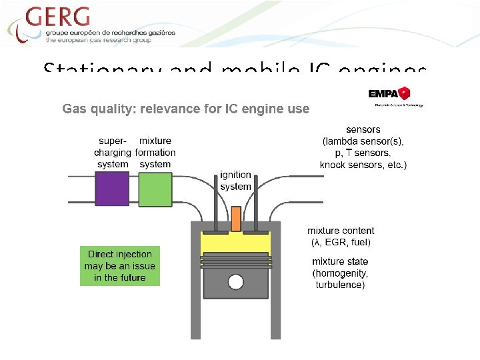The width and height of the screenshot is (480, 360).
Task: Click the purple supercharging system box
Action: pyautogui.click(x=112, y=189)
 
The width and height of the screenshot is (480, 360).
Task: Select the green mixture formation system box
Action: pyautogui.click(x=155, y=189)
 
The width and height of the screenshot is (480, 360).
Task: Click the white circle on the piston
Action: pyautogui.click(x=235, y=282)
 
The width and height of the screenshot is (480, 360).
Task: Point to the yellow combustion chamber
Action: pyautogui.click(x=235, y=243)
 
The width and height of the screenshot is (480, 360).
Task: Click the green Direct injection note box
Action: pyautogui.click(x=120, y=266)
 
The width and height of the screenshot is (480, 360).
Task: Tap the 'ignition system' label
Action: pyautogui.click(x=235, y=181)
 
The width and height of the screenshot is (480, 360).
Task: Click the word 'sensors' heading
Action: pyautogui.click(x=363, y=129)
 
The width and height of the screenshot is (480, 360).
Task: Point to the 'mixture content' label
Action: pyautogui.click(x=343, y=231)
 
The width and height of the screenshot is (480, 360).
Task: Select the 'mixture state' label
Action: pyautogui.click(x=340, y=261)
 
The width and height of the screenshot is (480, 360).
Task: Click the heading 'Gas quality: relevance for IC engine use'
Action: pyautogui.click(x=186, y=109)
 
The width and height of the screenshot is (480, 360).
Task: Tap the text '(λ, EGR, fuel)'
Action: pyautogui.click(x=341, y=242)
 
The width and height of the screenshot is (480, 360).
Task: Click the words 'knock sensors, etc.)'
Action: pyautogui.click(x=363, y=165)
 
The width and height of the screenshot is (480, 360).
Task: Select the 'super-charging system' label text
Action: pyautogui.click(x=113, y=153)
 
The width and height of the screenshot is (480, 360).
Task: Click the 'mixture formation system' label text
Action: pyautogui.click(x=155, y=153)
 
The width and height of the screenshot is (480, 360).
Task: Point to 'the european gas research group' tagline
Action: pyautogui.click(x=98, y=40)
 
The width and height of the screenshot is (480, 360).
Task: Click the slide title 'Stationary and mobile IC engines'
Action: pyautogui.click(x=235, y=69)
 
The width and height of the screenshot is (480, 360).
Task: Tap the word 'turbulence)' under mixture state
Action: pyautogui.click(x=340, y=285)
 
